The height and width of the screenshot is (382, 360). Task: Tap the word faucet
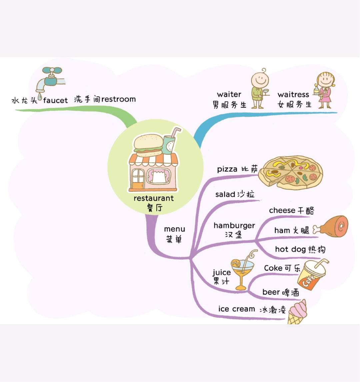coord(55,100)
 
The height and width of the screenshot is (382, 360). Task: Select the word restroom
coord(118,99)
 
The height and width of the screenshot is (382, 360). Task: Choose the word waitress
coord(293,95)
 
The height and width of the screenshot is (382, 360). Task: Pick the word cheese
coord(282,210)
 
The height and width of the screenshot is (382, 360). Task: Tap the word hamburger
coord(234,226)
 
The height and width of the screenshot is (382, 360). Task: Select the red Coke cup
coord(312,275)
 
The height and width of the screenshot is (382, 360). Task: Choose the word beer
coord(271,292)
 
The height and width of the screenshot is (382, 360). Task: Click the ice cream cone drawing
coord(297,312)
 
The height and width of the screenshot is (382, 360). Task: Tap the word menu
coord(174,229)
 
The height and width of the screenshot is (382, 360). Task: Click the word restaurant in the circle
coord(154,198)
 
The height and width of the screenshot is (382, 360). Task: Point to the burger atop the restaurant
coord(148,145)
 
